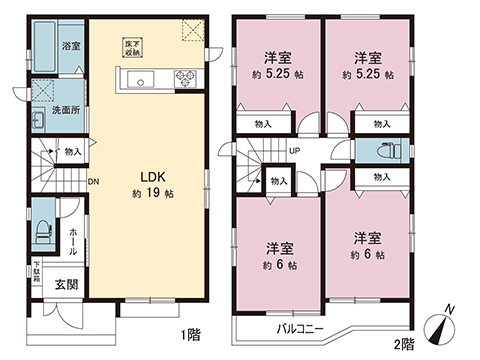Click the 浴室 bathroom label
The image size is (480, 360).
pos(71,46)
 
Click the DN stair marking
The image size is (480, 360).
pos(93,182)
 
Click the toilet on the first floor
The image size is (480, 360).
pos(42,229)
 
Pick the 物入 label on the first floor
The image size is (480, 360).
pos(73,152)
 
